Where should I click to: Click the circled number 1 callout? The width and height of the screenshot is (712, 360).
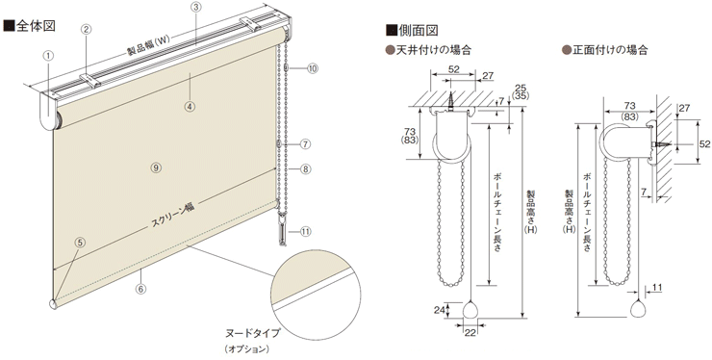[x=48, y=55]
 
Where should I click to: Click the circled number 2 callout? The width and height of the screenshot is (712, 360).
[x=86, y=30]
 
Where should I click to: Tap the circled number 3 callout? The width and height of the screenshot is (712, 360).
[x=195, y=8]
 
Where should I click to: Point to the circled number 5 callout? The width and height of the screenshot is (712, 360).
[x=80, y=244]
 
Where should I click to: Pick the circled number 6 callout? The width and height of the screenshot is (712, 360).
[x=140, y=288]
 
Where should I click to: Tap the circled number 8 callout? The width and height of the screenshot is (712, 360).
[x=305, y=170]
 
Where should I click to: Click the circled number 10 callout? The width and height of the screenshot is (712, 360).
[x=313, y=68]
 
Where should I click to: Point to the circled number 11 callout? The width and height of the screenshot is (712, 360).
[x=306, y=231]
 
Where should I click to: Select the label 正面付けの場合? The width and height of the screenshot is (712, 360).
[x=606, y=48]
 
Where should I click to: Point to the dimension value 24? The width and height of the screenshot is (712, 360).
[x=441, y=309]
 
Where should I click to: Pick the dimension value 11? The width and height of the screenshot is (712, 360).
[x=657, y=287]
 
